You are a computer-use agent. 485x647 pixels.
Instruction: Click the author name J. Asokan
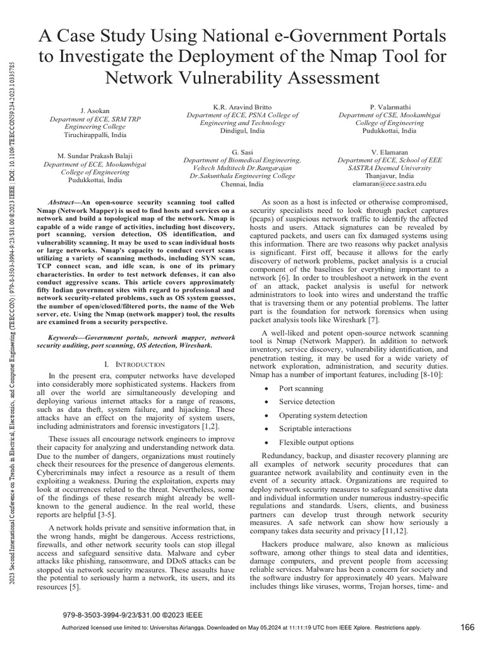click(x=92, y=111)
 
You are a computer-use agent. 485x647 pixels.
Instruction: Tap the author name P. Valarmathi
click(x=389, y=107)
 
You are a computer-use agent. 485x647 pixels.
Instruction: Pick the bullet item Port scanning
click(x=301, y=389)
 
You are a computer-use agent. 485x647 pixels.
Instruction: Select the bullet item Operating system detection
click(x=323, y=415)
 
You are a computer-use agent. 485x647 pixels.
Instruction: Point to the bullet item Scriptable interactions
click(x=316, y=429)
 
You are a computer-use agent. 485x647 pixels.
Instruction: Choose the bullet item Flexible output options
click(x=316, y=442)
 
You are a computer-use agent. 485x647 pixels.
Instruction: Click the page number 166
click(x=468, y=627)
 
